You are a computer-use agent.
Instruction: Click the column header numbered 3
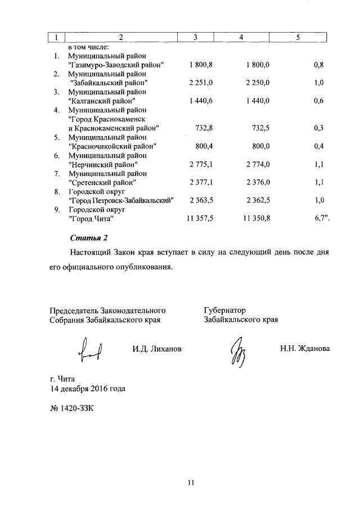[x=195, y=37]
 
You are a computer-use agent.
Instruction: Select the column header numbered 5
[x=299, y=37]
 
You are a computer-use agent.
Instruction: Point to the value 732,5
[x=259, y=128]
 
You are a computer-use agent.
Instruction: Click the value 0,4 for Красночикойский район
[x=318, y=146]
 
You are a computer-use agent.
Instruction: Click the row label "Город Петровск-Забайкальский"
[x=120, y=200]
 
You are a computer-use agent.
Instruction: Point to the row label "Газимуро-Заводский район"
[x=115, y=66]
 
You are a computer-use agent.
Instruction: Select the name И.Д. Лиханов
[x=157, y=349]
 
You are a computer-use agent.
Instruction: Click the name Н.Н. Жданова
[x=305, y=349]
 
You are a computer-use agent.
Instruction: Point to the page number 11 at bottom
[x=191, y=482]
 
